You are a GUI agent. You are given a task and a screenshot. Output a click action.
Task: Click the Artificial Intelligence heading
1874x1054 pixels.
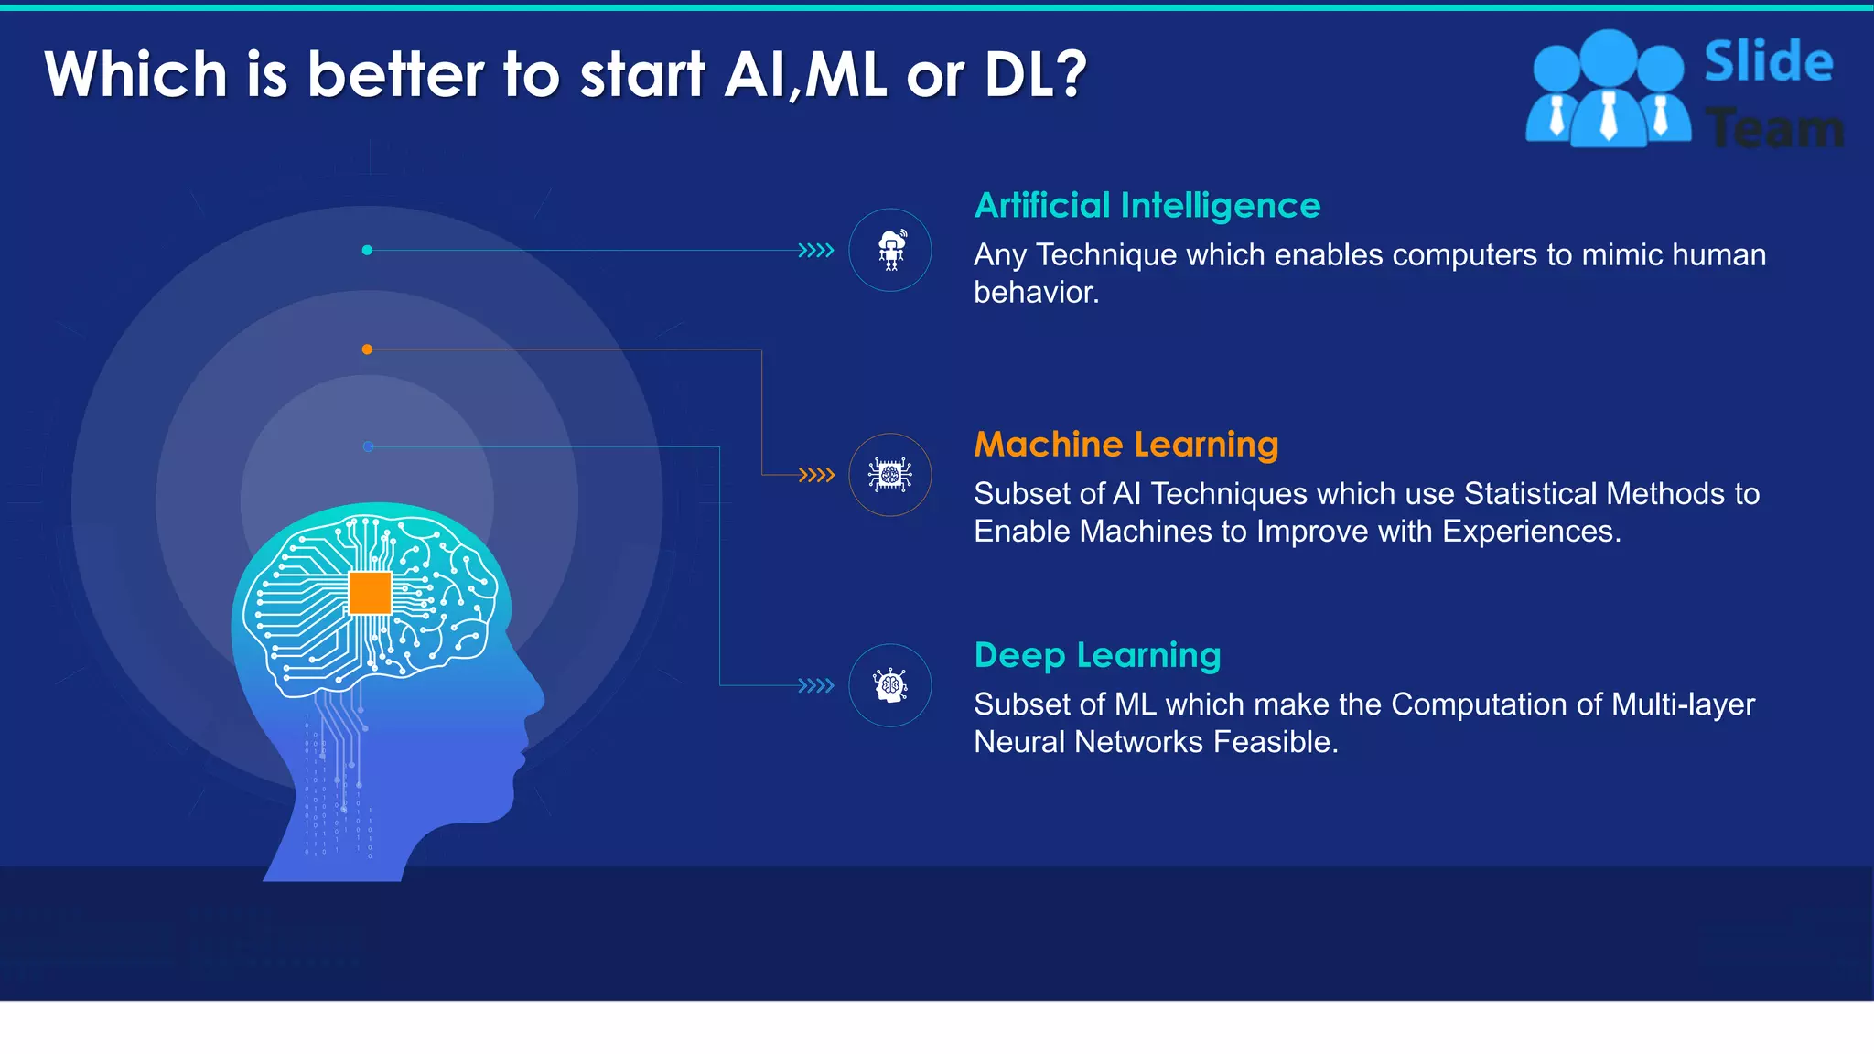pos(1147,206)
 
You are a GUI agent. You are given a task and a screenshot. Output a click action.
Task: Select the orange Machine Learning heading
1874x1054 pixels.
pos(1125,445)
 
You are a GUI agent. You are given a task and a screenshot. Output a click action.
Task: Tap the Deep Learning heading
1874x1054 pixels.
pos(1097,655)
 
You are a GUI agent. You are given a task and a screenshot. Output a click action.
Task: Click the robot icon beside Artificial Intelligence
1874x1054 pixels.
pos(890,250)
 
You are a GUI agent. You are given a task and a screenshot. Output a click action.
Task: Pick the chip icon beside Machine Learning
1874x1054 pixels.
pos(890,475)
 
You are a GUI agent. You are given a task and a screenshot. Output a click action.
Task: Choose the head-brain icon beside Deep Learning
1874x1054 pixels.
pos(890,685)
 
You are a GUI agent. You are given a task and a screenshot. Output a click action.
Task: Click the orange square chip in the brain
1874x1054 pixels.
pos(371,593)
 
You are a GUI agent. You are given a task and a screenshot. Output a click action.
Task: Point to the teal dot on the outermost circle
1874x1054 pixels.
pos(367,250)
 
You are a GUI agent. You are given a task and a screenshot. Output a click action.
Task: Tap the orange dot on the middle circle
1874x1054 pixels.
pos(367,350)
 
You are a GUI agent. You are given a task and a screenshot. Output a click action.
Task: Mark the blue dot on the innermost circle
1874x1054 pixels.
pos(368,446)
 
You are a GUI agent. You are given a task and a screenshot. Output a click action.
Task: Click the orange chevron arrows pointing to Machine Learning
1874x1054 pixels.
pos(816,475)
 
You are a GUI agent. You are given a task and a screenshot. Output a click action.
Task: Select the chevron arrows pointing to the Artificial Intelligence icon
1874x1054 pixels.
pos(816,250)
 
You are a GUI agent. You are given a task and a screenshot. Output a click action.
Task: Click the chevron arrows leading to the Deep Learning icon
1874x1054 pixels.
pos(816,685)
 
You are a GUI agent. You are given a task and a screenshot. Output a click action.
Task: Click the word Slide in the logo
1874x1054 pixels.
pos(1768,62)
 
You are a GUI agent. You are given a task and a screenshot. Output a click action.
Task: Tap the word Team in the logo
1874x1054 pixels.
pos(1775,128)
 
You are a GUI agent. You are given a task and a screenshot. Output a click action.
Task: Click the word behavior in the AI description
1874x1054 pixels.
pos(1036,293)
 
